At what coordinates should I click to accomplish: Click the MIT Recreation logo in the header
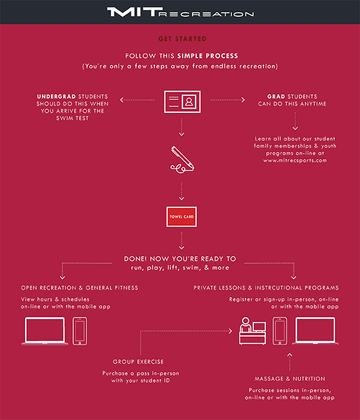180,12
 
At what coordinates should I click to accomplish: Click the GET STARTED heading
182,39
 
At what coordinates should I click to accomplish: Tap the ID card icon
182,101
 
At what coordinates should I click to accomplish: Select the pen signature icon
182,160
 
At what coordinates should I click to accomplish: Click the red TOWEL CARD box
181,217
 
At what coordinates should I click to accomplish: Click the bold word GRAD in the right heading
276,97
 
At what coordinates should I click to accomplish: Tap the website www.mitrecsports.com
295,160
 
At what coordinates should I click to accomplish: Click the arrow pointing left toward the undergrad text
137,100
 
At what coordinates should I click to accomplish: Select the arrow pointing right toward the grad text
227,100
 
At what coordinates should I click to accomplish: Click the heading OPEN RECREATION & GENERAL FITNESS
80,287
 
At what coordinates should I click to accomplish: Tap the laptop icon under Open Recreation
45,331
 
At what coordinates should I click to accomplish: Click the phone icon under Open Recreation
80,331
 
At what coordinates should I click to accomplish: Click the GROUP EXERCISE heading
138,362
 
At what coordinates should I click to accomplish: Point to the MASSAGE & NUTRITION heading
290,379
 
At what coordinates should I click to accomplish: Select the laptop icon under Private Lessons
315,331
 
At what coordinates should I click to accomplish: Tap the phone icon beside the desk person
280,331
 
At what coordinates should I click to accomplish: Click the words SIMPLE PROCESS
208,56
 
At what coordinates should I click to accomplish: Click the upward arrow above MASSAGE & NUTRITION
290,362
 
